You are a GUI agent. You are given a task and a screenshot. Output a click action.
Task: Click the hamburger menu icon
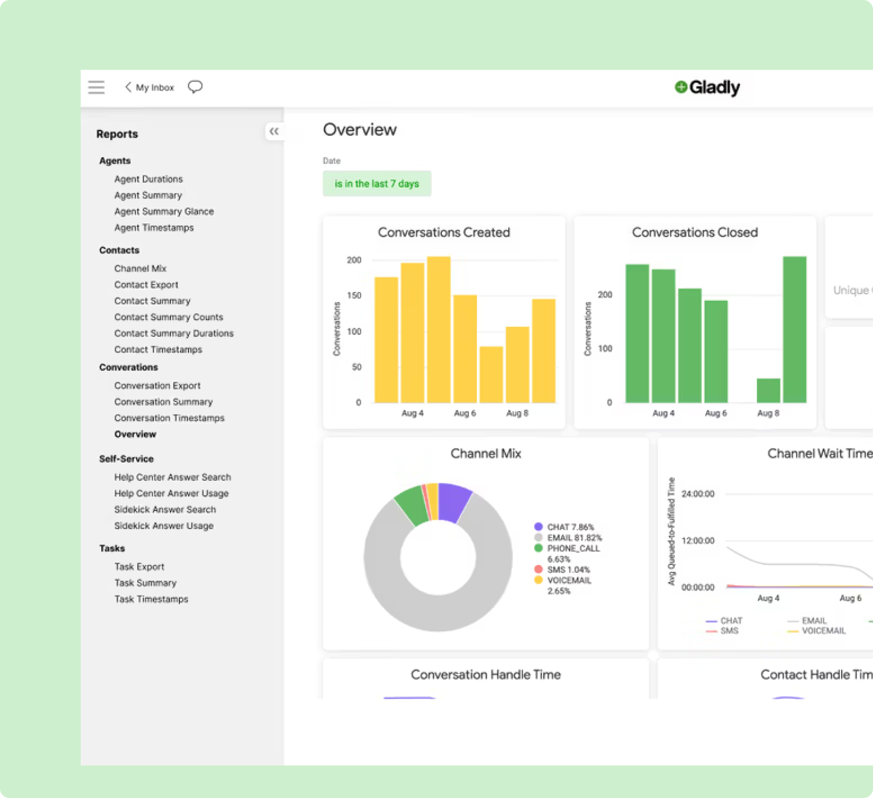pos(96,87)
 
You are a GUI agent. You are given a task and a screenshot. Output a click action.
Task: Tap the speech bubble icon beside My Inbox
pos(195,87)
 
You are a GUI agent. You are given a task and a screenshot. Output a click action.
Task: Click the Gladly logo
pos(707,87)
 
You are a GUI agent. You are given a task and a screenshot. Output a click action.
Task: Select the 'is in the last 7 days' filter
pos(377,184)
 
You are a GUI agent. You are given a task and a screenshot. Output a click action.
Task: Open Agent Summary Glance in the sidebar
pos(164,211)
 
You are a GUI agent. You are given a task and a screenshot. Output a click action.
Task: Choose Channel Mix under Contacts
pos(140,268)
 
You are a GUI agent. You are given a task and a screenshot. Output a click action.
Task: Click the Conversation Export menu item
pos(157,385)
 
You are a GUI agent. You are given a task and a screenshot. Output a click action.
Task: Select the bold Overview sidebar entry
pos(135,434)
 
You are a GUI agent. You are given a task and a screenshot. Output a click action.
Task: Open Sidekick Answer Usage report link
pos(164,525)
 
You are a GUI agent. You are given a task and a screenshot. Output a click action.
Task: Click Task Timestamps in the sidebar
pos(151,599)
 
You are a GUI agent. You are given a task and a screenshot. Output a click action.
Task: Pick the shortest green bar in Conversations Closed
pos(768,391)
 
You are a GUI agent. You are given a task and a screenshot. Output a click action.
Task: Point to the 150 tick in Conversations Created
pos(354,295)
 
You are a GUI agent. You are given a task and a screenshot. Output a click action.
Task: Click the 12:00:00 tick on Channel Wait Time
pos(698,540)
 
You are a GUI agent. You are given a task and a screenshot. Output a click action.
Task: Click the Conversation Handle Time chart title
pos(486,675)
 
